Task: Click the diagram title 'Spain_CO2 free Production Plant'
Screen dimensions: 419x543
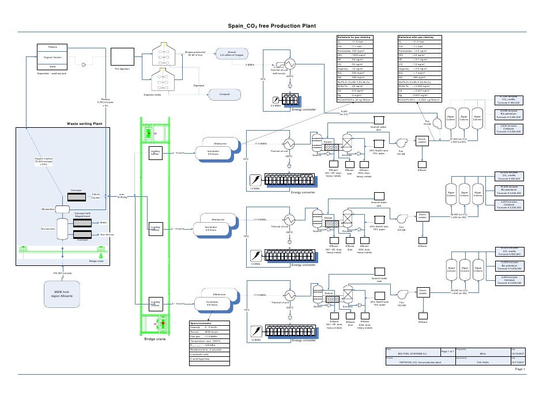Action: coord(271,25)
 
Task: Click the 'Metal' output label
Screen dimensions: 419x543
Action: coord(103,222)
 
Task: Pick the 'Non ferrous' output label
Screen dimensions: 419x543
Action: coord(107,235)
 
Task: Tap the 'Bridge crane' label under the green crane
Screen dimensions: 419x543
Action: coord(154,339)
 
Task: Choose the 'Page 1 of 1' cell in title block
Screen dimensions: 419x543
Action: coord(448,351)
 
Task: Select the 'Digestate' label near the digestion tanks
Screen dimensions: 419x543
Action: coord(198,86)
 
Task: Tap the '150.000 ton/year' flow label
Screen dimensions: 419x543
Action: coord(62,273)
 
